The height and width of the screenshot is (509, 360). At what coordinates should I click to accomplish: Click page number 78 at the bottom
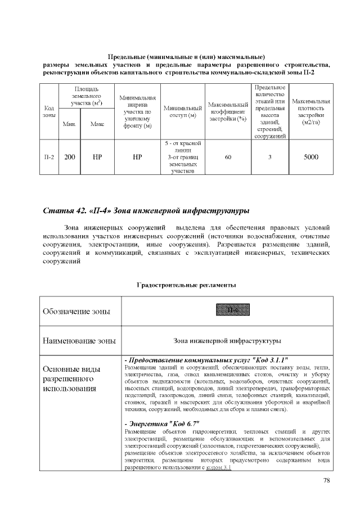click(x=327, y=480)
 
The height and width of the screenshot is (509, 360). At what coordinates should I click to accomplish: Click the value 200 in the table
click(x=70, y=157)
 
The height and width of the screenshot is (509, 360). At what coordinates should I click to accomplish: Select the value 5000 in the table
click(x=310, y=157)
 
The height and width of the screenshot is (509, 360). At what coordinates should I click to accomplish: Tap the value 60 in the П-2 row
click(x=228, y=157)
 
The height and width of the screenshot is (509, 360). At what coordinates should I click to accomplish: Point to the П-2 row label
click(x=49, y=157)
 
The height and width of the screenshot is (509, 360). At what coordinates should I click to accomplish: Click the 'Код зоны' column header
click(x=49, y=111)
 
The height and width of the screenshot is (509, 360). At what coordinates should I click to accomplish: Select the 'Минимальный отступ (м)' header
click(x=182, y=111)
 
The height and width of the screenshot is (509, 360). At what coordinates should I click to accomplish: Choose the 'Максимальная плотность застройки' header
click(x=310, y=111)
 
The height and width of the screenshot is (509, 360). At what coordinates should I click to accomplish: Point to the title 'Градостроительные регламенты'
click(x=186, y=286)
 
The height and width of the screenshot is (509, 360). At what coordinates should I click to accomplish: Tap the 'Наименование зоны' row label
click(x=79, y=340)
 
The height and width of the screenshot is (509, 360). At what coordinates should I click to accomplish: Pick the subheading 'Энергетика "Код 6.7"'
click(x=163, y=423)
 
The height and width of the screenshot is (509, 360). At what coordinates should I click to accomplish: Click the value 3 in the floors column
click(x=270, y=157)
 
